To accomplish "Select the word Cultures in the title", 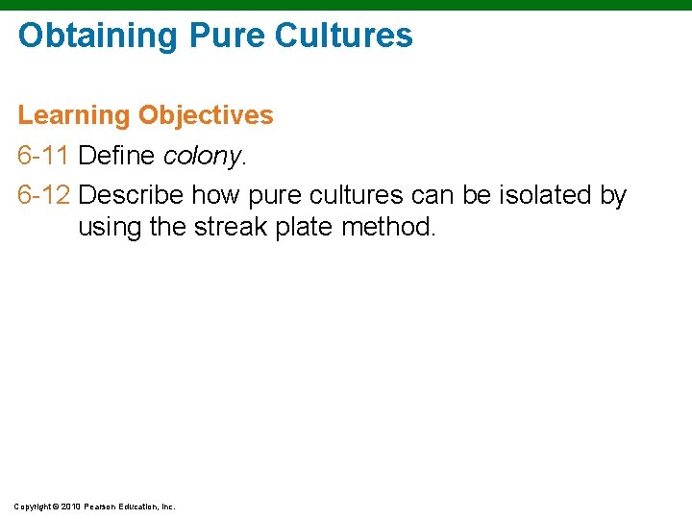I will click(344, 36).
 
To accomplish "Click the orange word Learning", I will click(73, 115).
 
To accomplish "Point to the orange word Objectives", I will click(206, 115).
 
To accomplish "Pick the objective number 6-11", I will click(44, 155).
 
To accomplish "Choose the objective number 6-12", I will click(44, 195).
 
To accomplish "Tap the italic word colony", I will click(203, 156).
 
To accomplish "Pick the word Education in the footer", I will click(140, 506).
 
